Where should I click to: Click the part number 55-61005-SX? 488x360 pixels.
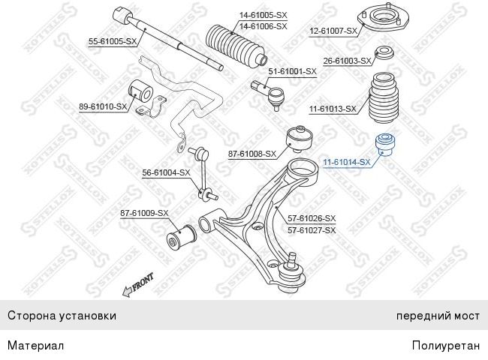point(113,42)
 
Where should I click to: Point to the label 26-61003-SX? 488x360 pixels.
point(347,61)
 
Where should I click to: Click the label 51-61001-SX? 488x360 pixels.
point(293,71)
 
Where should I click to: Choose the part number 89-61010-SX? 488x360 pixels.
point(103,107)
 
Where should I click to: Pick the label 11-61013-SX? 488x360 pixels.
point(333,109)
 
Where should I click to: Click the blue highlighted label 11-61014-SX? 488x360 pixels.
point(346,162)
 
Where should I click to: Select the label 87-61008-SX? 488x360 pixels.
point(252,154)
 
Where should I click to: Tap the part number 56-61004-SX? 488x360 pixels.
point(167,173)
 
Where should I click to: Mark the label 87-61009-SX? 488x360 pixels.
point(144,214)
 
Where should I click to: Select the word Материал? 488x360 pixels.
point(35,346)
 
